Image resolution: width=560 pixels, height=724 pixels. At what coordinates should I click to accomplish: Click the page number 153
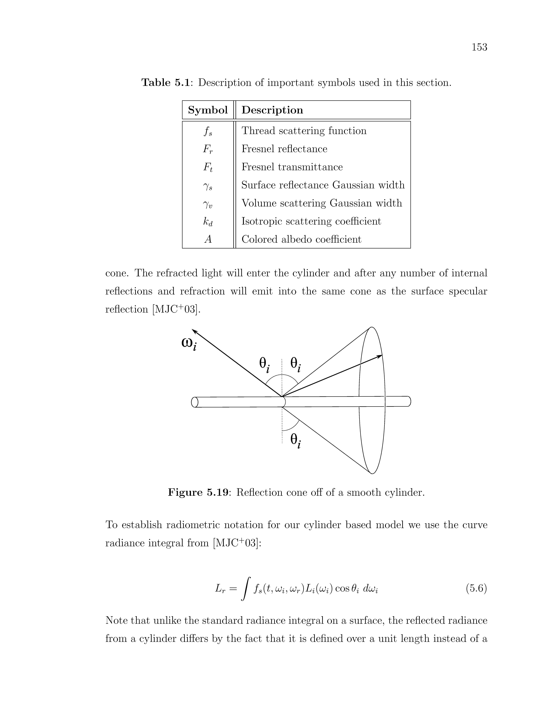point(479,47)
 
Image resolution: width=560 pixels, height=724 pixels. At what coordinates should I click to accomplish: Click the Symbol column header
point(208,110)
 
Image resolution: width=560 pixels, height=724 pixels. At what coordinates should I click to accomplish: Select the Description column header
point(272,110)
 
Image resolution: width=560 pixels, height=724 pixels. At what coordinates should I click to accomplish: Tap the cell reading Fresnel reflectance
point(284,149)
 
